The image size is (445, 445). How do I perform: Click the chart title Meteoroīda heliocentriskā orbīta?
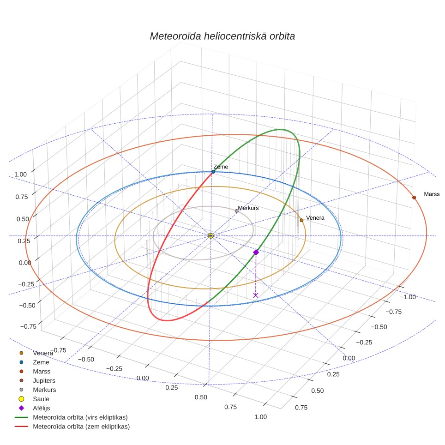pos(222,36)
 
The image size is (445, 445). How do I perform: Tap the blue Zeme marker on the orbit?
pos(213,172)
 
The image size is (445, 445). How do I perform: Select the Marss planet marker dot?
pos(414,198)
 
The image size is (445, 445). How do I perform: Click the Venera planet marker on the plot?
pos(301,220)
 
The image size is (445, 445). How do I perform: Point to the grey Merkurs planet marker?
pos(236,211)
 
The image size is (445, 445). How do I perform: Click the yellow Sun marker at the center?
pos(210,236)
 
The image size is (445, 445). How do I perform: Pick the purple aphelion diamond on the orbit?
pos(256,253)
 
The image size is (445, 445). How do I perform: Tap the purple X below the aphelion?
pos(256,295)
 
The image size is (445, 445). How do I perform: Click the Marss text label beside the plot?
pos(432,194)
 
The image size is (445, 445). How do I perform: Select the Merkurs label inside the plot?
pos(248,208)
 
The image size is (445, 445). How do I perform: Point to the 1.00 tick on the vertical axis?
pos(20,174)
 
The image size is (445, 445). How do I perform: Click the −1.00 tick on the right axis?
pos(408,297)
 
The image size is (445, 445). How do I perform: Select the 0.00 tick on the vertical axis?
pos(25,263)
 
